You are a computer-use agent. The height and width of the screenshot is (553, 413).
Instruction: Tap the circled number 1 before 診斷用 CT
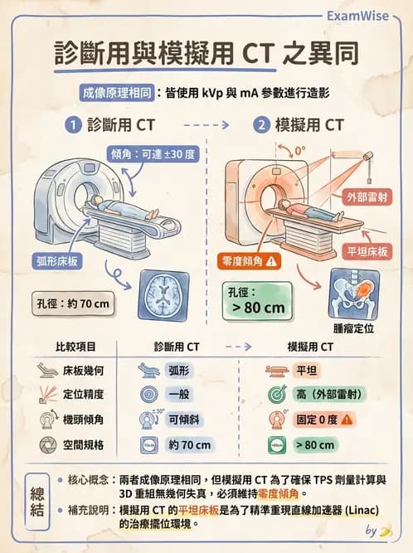pyautogui.click(x=73, y=127)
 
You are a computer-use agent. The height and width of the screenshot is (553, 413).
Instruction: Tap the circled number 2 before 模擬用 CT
pyautogui.click(x=262, y=127)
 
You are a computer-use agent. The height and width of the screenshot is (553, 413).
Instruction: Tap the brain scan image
pyautogui.click(x=169, y=295)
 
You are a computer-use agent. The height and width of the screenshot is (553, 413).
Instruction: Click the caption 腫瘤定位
pyautogui.click(x=352, y=329)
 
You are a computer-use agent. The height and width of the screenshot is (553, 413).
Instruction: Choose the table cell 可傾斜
pyautogui.click(x=181, y=420)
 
